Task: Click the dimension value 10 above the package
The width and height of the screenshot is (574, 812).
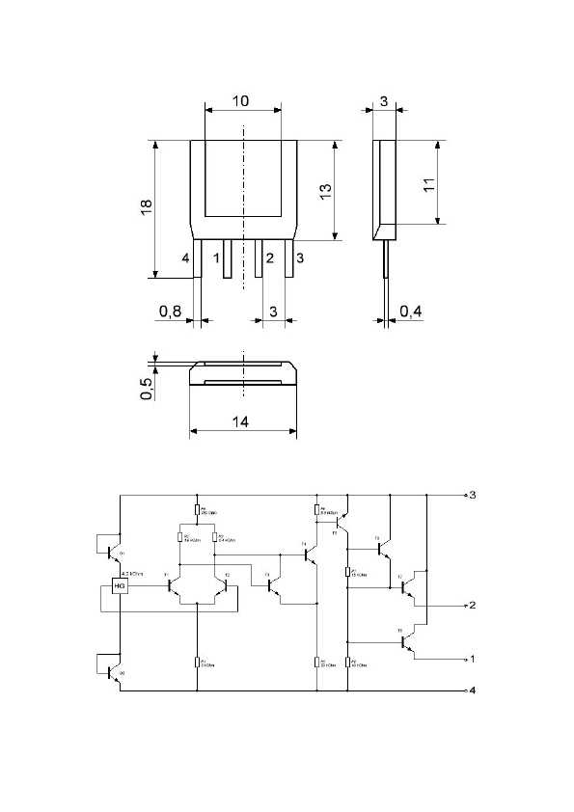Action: tap(241, 100)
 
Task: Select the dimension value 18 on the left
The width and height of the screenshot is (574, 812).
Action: tap(146, 208)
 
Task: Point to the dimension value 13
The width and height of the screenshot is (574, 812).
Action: tap(326, 191)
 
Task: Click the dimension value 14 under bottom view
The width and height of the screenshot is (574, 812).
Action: tap(241, 421)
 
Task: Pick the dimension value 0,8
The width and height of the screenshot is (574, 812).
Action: tap(170, 311)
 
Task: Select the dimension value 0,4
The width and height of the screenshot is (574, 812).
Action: tap(410, 311)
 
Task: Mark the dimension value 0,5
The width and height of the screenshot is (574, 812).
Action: tap(146, 389)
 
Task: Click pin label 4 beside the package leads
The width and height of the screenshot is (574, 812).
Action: tap(184, 258)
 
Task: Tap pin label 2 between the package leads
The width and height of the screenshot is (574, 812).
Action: tap(270, 258)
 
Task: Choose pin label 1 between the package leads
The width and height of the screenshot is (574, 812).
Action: tap(216, 258)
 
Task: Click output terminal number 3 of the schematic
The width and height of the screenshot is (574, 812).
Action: tap(473, 495)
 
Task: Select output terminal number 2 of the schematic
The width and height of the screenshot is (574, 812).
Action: tap(473, 606)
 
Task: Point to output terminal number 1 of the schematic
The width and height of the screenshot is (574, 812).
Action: tap(473, 659)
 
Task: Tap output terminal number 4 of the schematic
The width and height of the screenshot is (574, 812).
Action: tap(473, 691)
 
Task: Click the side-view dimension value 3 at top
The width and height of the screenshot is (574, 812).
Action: tap(383, 100)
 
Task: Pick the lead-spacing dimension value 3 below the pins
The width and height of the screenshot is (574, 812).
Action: tap(274, 311)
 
